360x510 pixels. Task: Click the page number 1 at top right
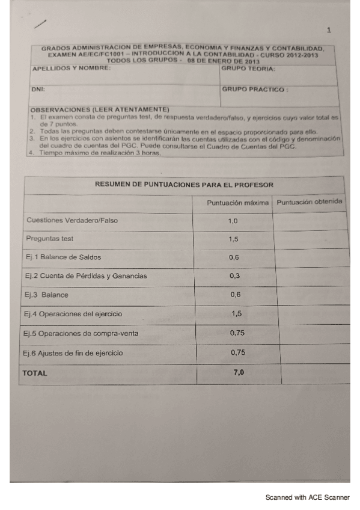click(329, 30)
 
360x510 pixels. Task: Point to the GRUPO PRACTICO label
click(255, 90)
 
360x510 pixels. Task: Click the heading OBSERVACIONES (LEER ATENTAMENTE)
click(98, 110)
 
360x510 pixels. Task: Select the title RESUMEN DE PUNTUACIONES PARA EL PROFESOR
click(184, 185)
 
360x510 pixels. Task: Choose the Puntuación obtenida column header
click(310, 201)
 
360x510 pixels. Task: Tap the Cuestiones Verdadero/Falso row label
click(72, 220)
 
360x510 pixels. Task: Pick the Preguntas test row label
click(50, 239)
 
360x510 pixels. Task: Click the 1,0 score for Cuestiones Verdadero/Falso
click(233, 221)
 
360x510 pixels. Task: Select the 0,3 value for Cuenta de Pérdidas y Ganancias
click(235, 276)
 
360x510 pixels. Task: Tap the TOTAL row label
click(35, 373)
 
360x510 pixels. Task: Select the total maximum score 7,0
click(239, 373)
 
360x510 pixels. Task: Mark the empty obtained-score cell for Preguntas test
click(310, 239)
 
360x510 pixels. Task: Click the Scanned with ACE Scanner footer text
click(307, 497)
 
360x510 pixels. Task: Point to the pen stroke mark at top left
click(41, 23)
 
